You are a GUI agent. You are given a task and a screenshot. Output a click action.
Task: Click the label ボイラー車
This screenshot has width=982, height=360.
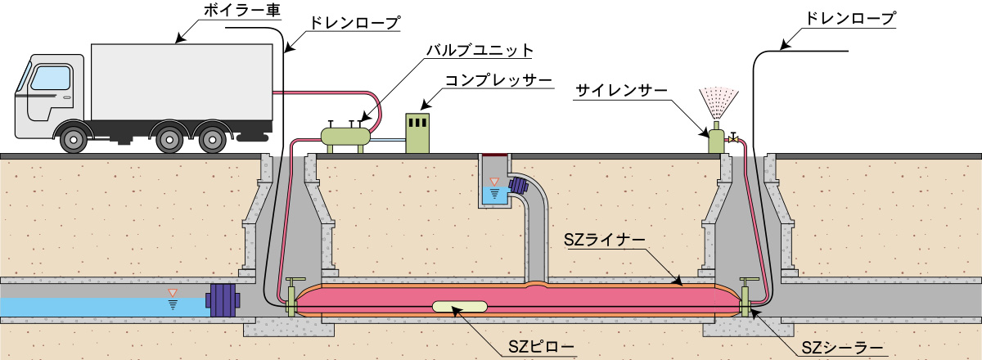coord(241,10)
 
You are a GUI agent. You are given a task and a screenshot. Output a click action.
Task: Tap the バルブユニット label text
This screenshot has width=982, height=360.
coord(480,51)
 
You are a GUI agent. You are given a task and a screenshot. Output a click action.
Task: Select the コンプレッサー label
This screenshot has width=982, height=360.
coord(498,81)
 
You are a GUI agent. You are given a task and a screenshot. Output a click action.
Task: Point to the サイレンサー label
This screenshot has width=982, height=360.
coord(621,91)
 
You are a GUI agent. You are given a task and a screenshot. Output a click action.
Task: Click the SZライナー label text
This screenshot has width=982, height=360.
coord(605,240)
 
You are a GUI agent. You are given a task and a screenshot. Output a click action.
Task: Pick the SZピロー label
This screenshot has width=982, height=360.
coord(541,347)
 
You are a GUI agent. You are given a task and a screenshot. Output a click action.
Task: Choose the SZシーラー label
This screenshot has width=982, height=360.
coord(842,348)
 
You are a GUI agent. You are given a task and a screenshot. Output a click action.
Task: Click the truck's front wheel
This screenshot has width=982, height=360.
coord(73,139)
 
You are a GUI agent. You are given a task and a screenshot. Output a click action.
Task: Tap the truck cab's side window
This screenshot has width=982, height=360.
coord(51,78)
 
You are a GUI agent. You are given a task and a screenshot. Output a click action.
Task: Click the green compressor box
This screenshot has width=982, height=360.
coord(417,133)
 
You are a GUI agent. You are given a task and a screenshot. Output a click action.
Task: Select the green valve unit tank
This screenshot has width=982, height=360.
coord(346,137)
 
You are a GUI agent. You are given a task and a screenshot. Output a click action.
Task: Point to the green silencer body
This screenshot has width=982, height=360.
coord(716,139)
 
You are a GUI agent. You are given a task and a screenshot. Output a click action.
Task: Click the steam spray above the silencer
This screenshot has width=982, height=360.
coord(718,102)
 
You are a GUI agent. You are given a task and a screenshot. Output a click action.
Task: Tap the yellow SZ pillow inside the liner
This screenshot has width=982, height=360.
coord(460,306)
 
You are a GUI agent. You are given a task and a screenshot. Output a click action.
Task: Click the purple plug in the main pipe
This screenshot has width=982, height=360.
coord(223,300)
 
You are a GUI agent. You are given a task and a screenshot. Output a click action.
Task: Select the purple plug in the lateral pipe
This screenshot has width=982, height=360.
coord(519,186)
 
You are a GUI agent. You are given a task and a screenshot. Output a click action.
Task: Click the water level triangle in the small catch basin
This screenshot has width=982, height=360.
coord(494,182)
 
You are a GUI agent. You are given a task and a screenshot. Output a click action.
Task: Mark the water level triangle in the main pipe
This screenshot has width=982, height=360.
coord(173,293)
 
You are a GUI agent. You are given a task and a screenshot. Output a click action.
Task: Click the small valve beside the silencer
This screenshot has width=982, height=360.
coord(732,138)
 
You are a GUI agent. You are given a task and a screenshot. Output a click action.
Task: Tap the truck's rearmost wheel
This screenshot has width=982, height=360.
coord(213,139)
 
